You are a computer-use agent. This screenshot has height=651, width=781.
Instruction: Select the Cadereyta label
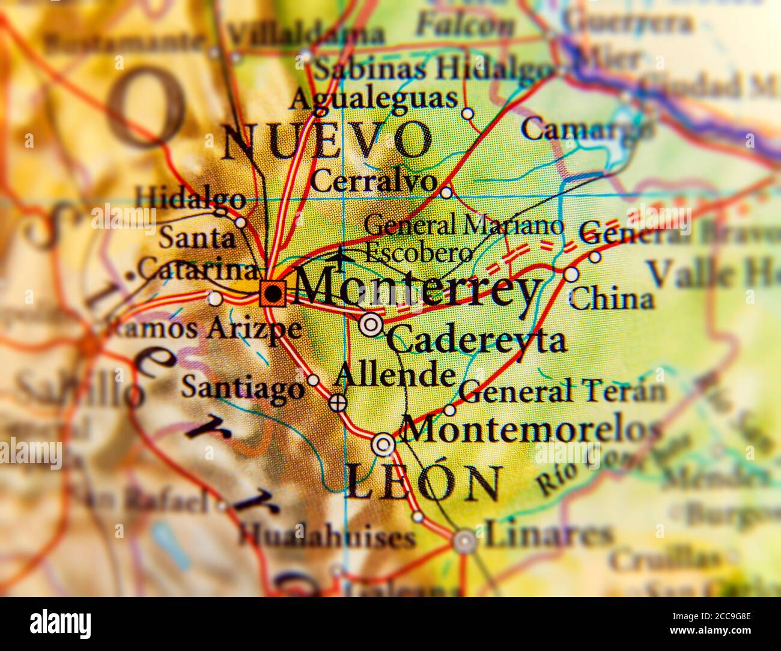[x=476, y=341]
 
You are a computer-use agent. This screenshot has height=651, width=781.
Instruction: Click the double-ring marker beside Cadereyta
[x=371, y=325]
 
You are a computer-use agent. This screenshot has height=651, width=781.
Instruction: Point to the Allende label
[x=395, y=375]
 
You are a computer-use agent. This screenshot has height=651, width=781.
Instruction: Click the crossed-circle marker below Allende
[x=338, y=402]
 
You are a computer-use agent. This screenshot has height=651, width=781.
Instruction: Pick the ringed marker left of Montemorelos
[x=383, y=445]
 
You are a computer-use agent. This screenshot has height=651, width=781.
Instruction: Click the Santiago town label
[x=243, y=387]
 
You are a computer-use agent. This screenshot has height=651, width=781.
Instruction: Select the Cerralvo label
[x=374, y=181]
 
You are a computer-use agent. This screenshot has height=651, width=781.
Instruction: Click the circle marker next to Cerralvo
[x=446, y=193]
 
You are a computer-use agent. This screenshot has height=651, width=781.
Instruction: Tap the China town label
[x=611, y=299]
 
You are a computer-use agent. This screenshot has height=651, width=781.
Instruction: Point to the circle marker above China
[x=571, y=274]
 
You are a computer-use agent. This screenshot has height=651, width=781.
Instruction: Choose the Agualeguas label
[x=373, y=98]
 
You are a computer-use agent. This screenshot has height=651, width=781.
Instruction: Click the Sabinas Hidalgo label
[x=430, y=69]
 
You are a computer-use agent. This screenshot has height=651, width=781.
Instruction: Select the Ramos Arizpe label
[x=204, y=329]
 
